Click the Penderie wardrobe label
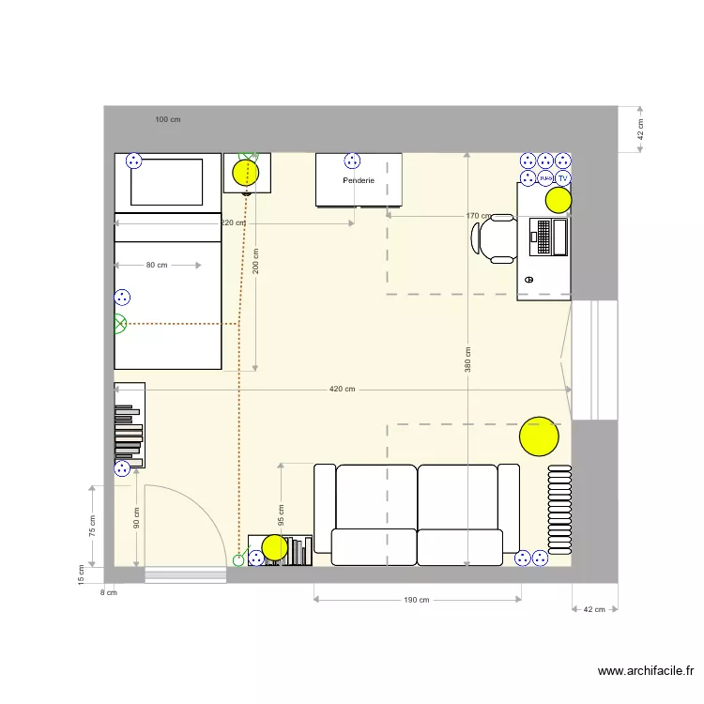pos(359,180)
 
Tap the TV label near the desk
pos(563,177)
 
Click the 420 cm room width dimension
pos(343,389)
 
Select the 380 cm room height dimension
pos(467,360)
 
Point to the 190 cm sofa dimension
pos(417,600)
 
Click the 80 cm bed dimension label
pos(157,265)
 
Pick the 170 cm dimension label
pos(478,215)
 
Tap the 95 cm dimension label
pos(281,515)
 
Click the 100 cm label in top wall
pos(168,119)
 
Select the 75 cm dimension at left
pos(92,527)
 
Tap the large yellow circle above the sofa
pos(539,436)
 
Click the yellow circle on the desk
pos(559,199)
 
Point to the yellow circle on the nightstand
pos(245,173)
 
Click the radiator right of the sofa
pos(559,508)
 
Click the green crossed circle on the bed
pos(119,324)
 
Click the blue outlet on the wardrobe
pos(352,161)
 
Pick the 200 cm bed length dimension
pos(256,280)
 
